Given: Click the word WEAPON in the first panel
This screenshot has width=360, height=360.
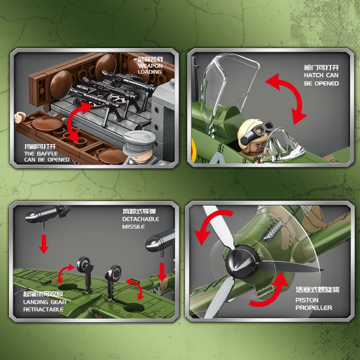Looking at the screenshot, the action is coord(150,66).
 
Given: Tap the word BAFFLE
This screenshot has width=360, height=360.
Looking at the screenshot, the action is coord(47,153).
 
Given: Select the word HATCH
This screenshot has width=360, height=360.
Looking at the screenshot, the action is coord(314,75).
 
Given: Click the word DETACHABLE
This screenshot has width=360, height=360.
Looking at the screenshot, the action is coord(140,219).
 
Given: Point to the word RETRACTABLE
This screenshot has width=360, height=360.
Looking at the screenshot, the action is coord(43,309).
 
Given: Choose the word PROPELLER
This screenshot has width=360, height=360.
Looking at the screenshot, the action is coord(314,308).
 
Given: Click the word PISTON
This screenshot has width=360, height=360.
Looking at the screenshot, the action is coord(307,300).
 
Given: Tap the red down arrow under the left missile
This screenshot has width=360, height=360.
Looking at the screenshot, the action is coord(44,244).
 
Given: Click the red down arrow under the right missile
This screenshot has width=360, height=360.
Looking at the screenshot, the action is coord(162,272).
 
